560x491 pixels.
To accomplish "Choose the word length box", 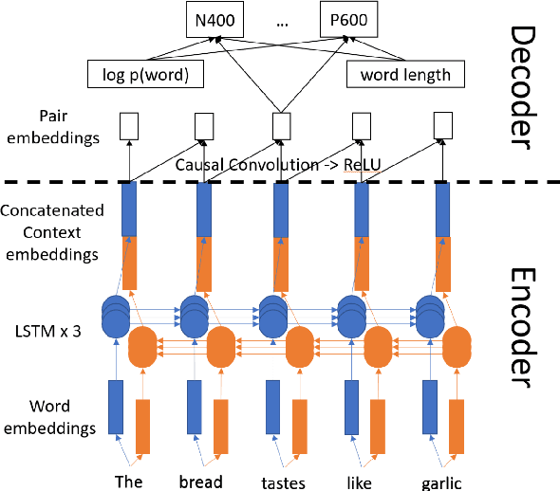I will (x=400, y=72).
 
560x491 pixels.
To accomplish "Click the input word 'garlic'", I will (x=442, y=482).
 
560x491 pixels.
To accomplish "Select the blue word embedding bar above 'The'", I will (x=117, y=408).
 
